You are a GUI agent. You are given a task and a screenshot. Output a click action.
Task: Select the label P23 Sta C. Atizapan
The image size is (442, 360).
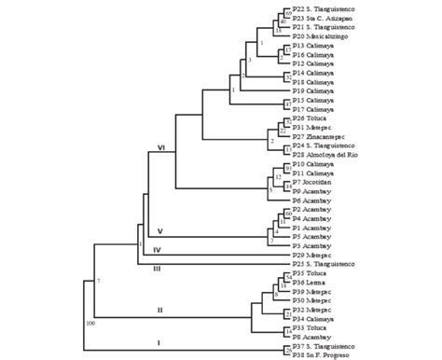(327, 18)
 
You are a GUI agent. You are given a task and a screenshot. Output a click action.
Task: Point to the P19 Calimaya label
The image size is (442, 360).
(316, 90)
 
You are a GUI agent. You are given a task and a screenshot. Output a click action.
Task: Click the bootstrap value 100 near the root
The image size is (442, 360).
(90, 324)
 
